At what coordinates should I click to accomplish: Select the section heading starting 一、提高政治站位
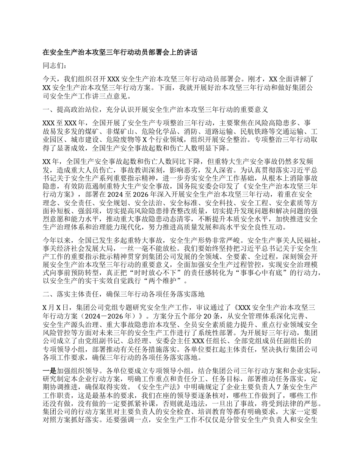pyautogui.click(x=156, y=110)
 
